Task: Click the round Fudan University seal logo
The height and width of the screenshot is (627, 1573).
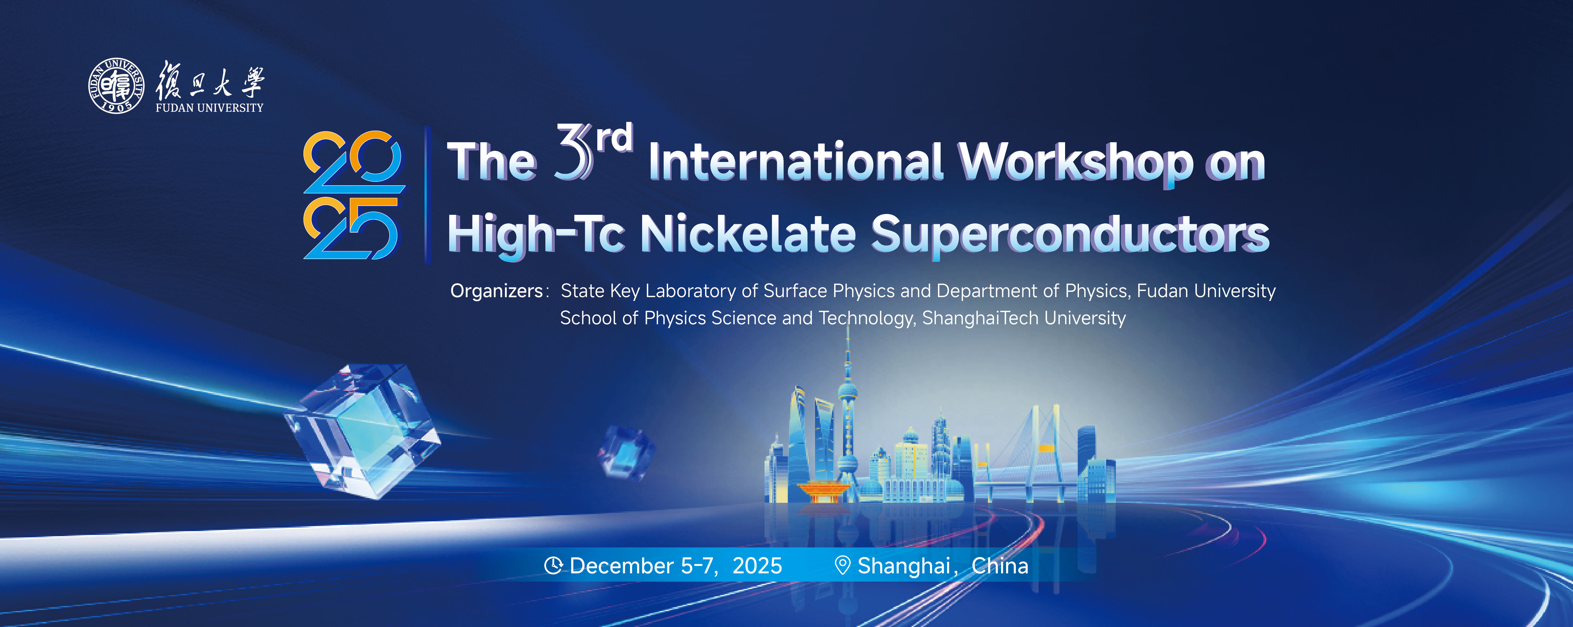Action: pyautogui.click(x=117, y=86)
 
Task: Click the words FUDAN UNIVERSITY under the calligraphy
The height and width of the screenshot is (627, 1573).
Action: pyautogui.click(x=209, y=108)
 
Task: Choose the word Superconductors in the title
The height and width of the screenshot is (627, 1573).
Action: pyautogui.click(x=1070, y=235)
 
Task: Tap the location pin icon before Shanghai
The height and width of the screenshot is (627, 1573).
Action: pyautogui.click(x=843, y=565)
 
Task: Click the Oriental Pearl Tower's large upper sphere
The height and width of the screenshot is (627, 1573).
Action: pyautogui.click(x=848, y=391)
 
